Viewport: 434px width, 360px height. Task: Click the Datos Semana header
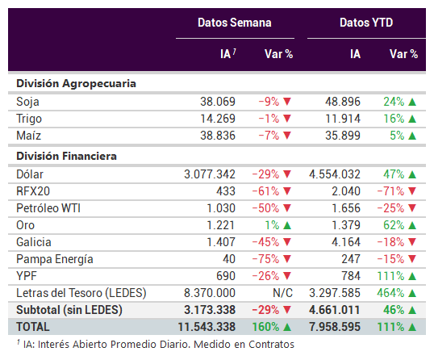[x=235, y=23]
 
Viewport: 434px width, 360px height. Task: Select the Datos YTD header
[x=366, y=23]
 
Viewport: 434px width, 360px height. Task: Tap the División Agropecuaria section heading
[x=76, y=84]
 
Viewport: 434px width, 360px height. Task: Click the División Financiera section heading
[x=66, y=156]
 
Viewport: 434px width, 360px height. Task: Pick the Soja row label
[x=27, y=102]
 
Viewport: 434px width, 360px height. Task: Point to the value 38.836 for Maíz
[x=218, y=136]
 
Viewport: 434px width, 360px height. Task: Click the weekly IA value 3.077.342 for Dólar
[x=210, y=174]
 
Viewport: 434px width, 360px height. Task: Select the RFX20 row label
[x=33, y=191]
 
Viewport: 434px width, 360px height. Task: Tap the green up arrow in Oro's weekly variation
[x=287, y=225]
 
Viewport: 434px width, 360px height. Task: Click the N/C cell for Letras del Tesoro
[x=282, y=293]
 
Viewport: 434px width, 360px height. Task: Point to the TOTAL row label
[x=33, y=327]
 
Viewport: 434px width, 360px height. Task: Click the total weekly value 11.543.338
[x=207, y=327]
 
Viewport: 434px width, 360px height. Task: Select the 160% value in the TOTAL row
[x=265, y=327]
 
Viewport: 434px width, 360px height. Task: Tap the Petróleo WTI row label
[x=48, y=208]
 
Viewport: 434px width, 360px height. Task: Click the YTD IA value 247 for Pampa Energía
[x=351, y=259]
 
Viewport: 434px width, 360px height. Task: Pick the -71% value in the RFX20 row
[x=390, y=191]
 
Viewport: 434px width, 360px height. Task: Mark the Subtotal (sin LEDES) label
[x=69, y=310]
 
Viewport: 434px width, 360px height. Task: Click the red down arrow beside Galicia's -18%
[x=412, y=242]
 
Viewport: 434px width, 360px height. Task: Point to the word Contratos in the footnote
[x=271, y=345]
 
